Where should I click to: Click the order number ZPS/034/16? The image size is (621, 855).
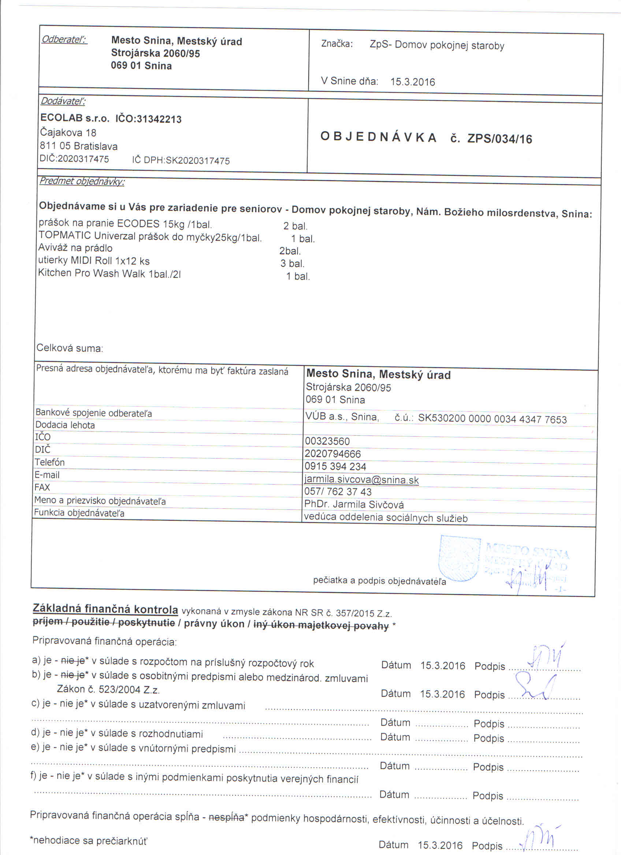499,139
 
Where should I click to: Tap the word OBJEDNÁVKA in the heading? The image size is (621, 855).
378,137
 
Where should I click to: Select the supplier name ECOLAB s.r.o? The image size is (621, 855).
75,118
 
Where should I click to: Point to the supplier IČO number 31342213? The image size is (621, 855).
159,119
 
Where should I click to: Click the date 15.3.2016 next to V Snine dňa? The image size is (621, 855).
413,82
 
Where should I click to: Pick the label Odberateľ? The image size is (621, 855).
64,39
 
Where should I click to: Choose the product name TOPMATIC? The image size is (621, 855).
64,235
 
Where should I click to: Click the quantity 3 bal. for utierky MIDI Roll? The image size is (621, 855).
292,264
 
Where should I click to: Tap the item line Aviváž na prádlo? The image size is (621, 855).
75,248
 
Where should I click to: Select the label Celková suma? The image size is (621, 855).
69,348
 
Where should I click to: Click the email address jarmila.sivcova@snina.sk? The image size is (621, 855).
361,480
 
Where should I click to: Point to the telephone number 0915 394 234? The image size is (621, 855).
335,467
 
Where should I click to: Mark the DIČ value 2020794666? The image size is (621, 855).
332,454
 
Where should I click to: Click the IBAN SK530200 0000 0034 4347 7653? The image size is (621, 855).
492,419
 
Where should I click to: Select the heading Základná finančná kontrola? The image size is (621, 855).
105,609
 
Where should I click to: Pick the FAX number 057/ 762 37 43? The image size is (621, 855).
338,492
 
